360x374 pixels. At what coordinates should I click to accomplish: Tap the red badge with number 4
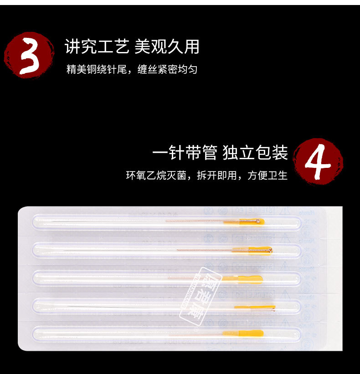coord(318,160)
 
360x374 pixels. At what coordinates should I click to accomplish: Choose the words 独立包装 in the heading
coord(255,153)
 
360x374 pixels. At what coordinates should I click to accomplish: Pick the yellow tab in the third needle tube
coord(248,278)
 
